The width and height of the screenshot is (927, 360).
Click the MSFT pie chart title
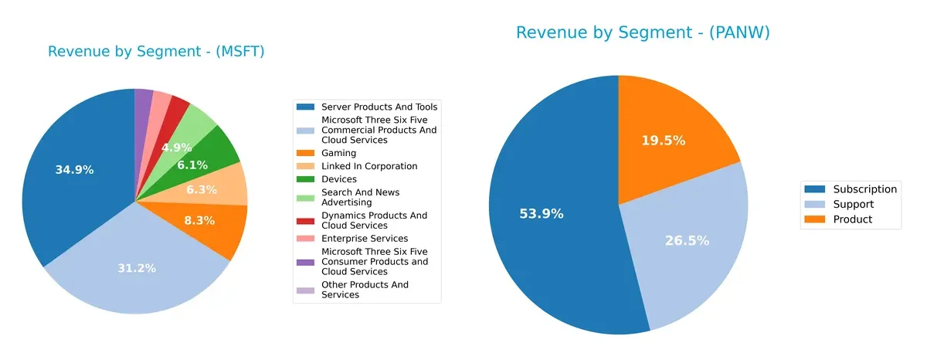[156, 52]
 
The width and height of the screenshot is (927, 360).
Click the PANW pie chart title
[643, 32]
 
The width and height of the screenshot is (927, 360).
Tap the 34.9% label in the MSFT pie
[74, 170]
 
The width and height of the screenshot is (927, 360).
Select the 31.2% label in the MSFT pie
[137, 268]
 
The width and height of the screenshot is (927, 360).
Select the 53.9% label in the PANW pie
[542, 214]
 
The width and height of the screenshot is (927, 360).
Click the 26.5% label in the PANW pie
[687, 241]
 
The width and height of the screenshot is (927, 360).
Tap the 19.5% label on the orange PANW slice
[664, 141]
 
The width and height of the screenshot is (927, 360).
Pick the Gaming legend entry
[338, 154]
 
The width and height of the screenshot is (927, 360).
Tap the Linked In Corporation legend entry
[369, 166]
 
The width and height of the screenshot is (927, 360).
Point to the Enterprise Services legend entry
[364, 239]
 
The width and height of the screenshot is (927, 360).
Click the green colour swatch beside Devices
[306, 179]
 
